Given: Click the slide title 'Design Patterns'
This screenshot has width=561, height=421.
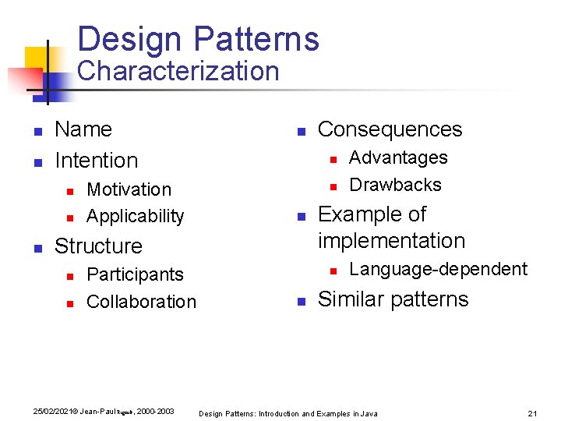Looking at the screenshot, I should click(198, 39).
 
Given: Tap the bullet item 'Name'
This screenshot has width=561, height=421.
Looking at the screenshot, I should click(83, 129).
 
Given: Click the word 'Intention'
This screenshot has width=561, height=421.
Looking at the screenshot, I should click(96, 161).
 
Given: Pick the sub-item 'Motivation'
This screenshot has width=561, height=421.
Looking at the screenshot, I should click(129, 189).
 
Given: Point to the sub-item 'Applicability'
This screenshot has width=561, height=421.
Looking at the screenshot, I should click(135, 216).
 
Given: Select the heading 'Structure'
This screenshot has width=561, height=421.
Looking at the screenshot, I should click(98, 246).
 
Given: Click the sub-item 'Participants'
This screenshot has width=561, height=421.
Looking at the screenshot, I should click(135, 274).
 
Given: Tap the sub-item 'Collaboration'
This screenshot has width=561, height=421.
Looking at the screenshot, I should click(141, 302).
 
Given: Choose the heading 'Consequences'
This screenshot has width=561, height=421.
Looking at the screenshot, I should click(390, 129).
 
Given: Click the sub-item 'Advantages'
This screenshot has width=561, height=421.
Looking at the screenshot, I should click(397, 157).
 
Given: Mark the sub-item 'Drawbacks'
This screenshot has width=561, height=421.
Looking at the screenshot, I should click(395, 185).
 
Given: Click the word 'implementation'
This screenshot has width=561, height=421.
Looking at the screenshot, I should click(391, 241).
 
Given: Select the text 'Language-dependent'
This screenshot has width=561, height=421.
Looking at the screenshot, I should click(438, 269).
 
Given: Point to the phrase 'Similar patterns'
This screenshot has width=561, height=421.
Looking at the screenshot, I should click(393, 299).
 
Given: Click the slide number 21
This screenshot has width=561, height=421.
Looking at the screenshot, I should click(533, 413).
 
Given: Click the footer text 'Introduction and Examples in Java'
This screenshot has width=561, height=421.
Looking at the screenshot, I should click(318, 413).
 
